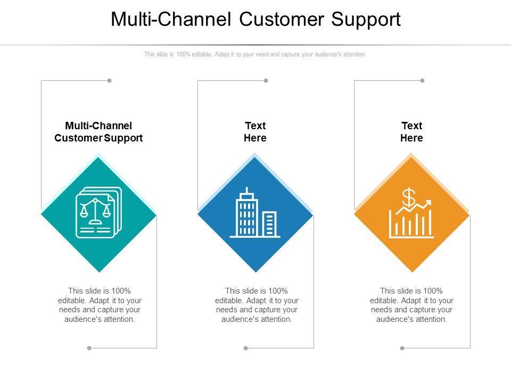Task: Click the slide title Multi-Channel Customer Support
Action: pyautogui.click(x=256, y=19)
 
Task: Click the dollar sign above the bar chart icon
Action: pyautogui.click(x=408, y=198)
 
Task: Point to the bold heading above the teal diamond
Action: pyautogui.click(x=98, y=132)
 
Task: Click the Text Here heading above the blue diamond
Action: pyautogui.click(x=255, y=132)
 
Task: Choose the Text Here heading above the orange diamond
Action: pyautogui.click(x=411, y=132)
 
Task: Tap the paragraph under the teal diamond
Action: pyautogui.click(x=100, y=305)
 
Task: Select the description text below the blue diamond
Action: pyautogui.click(x=256, y=305)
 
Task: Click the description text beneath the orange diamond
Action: pyautogui.click(x=411, y=305)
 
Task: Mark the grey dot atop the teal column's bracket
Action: pyautogui.click(x=109, y=81)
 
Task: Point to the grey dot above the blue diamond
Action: pyautogui.click(x=266, y=81)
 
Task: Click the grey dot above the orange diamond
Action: pyautogui.click(x=422, y=81)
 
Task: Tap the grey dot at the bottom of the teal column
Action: pyautogui.click(x=89, y=348)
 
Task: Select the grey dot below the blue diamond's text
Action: pyautogui.click(x=245, y=348)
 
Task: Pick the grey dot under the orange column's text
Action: pyautogui.click(x=402, y=348)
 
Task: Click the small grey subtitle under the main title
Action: pyautogui.click(x=255, y=54)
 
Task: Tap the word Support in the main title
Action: pyautogui.click(x=366, y=19)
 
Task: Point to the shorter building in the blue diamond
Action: pyautogui.click(x=270, y=224)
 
